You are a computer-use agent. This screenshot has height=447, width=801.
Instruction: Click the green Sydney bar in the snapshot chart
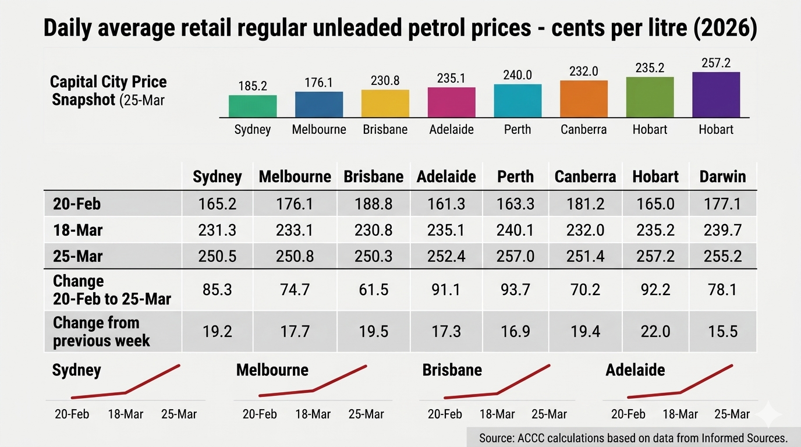point(253,107)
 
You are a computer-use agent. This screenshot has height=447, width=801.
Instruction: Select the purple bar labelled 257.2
point(716,95)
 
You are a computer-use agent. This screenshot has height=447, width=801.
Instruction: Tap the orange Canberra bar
point(584,99)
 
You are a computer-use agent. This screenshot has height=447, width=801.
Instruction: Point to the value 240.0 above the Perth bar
point(518,75)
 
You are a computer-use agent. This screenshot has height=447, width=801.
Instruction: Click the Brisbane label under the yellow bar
point(385,129)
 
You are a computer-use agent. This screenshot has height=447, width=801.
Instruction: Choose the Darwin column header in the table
point(722,176)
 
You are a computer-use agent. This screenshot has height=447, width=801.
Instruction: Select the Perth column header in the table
point(516,176)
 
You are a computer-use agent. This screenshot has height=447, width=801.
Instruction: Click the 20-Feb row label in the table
point(77,204)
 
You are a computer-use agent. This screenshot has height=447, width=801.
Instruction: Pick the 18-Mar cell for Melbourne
point(295,230)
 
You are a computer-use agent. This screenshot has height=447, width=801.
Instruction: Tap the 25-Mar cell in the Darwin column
point(722,257)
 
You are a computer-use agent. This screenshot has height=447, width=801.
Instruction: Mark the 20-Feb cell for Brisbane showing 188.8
point(373,204)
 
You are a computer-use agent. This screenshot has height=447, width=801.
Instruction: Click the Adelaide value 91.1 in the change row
point(446,289)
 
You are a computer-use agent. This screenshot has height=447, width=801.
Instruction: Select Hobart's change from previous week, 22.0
point(655,331)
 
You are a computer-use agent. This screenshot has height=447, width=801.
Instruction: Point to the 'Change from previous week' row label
point(101,331)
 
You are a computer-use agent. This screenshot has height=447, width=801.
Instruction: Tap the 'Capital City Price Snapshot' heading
point(108,90)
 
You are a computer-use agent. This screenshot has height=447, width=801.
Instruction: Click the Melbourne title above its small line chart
point(272,370)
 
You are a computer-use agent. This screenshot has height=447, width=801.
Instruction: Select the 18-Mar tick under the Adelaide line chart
point(680,414)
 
